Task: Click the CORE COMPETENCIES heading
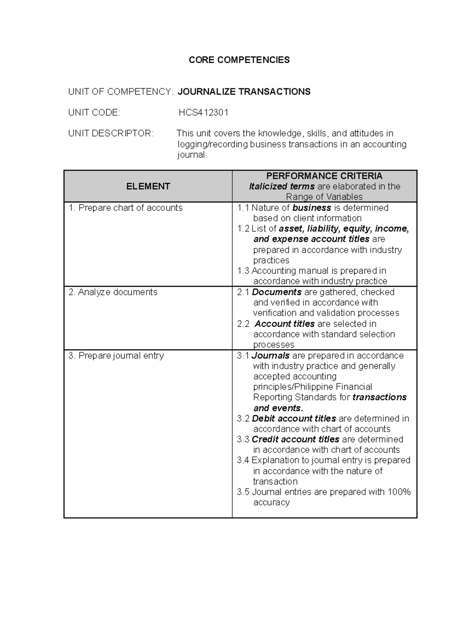(239, 60)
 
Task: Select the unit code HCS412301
(203, 112)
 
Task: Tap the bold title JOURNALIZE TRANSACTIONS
(244, 92)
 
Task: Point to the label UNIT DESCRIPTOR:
(111, 133)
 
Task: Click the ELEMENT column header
(148, 186)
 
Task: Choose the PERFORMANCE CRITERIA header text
(324, 176)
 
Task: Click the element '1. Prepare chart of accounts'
(125, 208)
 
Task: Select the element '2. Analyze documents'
(113, 292)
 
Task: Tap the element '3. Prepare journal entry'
(116, 355)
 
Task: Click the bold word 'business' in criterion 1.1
(312, 208)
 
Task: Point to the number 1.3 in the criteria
(243, 271)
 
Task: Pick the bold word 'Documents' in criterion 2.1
(276, 292)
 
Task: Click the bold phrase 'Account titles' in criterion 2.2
(284, 324)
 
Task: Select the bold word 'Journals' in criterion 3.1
(270, 355)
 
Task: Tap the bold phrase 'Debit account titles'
(294, 418)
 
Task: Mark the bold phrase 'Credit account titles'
(295, 439)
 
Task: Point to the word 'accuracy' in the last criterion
(271, 502)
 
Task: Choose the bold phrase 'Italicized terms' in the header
(282, 186)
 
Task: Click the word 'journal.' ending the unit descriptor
(192, 155)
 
